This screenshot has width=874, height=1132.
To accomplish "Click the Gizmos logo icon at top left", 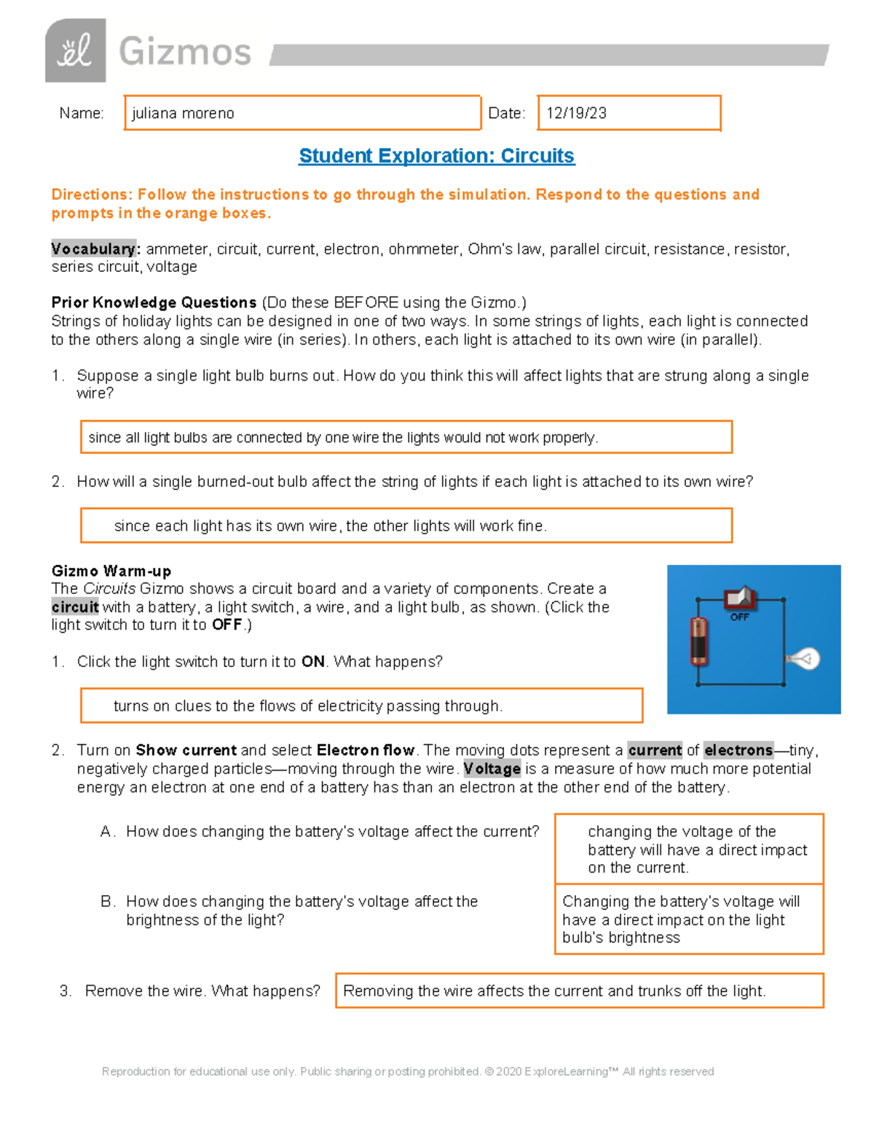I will (75, 51).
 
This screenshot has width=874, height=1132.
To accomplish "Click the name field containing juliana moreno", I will (302, 113).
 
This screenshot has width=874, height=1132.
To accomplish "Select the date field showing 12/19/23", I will (629, 113).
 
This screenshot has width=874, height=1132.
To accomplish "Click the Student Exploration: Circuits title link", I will (436, 156).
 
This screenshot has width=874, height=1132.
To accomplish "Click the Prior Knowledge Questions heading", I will (154, 302).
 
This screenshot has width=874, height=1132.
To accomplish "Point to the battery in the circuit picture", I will (698, 641).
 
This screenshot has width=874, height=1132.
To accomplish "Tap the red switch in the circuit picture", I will (740, 598).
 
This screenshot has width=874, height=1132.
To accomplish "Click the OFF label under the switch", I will (739, 617).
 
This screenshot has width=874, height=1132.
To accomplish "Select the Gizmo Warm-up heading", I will (111, 571).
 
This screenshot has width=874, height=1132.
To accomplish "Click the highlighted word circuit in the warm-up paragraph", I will (75, 607).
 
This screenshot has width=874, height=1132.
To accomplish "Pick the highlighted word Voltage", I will (492, 769).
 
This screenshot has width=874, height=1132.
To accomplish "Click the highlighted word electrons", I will (738, 750).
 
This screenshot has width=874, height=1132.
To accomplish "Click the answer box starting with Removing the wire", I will (579, 991).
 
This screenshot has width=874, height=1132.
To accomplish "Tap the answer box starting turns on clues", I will (361, 706).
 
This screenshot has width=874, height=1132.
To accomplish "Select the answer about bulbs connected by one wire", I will (406, 437).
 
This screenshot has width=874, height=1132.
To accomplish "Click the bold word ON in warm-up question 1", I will (313, 662).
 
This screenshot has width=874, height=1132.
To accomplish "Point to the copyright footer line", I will (408, 1072).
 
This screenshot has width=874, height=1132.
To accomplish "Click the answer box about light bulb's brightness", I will (689, 919).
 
